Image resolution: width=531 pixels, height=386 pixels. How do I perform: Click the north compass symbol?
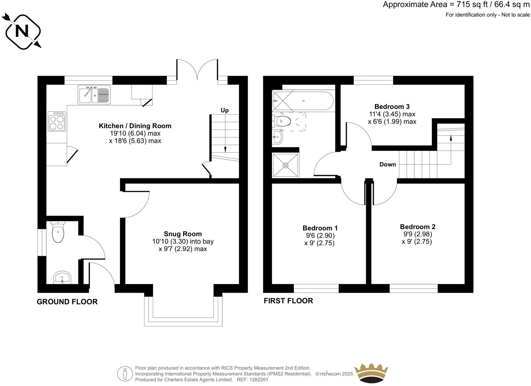[22, 31]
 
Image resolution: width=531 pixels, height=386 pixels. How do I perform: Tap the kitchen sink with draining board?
[94, 94]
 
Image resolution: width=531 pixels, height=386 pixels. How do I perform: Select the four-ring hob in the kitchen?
[57, 122]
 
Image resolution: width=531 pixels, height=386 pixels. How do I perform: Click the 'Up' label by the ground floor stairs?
[225, 110]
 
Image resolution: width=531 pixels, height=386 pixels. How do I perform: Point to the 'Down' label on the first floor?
[388, 164]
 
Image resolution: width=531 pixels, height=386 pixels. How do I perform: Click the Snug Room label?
[183, 234]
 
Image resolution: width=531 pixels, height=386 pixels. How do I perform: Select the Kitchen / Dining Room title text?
[135, 126]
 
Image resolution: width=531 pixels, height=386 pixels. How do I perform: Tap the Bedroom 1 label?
[320, 228]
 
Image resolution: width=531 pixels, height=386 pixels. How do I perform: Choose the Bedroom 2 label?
[417, 227]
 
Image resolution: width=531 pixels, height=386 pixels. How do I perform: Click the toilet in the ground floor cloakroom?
[58, 232]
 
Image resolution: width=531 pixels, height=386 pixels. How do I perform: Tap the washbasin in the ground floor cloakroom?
[62, 277]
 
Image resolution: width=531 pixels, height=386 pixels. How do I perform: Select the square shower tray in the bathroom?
[286, 165]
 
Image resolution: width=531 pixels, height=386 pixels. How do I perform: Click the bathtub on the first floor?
[303, 101]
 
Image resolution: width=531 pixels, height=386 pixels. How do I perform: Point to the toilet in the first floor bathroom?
[282, 121]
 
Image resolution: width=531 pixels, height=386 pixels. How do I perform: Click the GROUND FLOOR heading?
[67, 302]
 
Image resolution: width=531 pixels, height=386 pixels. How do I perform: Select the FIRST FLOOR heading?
[288, 301]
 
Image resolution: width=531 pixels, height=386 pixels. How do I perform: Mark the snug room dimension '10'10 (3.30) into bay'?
[183, 242]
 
